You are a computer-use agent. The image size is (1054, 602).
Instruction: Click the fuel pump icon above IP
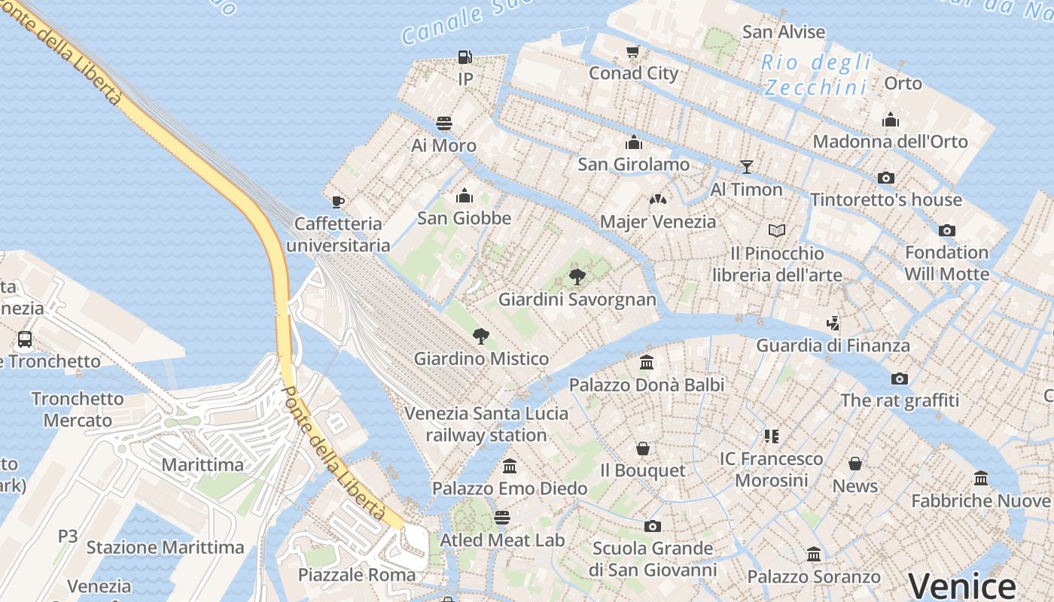[465, 57]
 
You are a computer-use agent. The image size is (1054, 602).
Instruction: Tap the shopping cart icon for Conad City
[633, 52]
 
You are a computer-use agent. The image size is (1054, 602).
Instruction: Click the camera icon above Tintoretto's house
[886, 178]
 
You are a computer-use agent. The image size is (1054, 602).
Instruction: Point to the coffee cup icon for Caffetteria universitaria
[338, 202]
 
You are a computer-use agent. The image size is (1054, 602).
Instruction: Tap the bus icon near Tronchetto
[25, 339]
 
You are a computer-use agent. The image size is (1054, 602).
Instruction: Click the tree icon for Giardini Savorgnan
[577, 277]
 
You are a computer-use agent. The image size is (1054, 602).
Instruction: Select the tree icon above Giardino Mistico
[480, 336]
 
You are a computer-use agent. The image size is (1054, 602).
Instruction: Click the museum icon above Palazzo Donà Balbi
[646, 363]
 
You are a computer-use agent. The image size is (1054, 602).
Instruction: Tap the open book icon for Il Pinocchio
[777, 230]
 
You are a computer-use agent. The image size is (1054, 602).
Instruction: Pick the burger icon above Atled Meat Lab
[502, 518]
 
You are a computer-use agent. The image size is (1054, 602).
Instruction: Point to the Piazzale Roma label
[357, 575]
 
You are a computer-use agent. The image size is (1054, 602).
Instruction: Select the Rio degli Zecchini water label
[817, 74]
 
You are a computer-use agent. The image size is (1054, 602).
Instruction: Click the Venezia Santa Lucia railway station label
[486, 424]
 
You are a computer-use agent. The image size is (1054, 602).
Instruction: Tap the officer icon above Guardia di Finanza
[833, 324]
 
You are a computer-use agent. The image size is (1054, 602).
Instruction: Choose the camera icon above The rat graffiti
[899, 379]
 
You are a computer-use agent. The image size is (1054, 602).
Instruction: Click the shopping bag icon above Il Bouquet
[643, 448]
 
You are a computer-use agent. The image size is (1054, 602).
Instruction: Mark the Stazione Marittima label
[166, 547]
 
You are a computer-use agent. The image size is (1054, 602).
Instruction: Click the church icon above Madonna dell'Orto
[891, 120]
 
